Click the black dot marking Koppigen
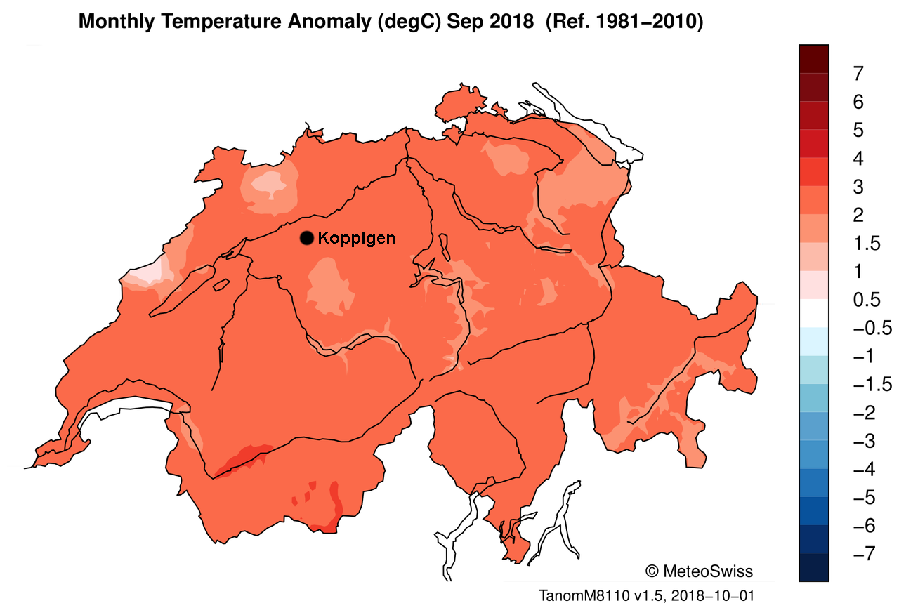[x=306, y=238]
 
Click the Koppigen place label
[x=356, y=238]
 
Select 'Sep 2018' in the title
[x=501, y=22]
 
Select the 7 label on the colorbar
[x=858, y=74]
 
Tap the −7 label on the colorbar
[x=862, y=554]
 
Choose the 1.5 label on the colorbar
[x=865, y=244]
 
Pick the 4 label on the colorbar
[x=858, y=159]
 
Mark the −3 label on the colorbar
[x=862, y=441]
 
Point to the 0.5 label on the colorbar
[x=865, y=300]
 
